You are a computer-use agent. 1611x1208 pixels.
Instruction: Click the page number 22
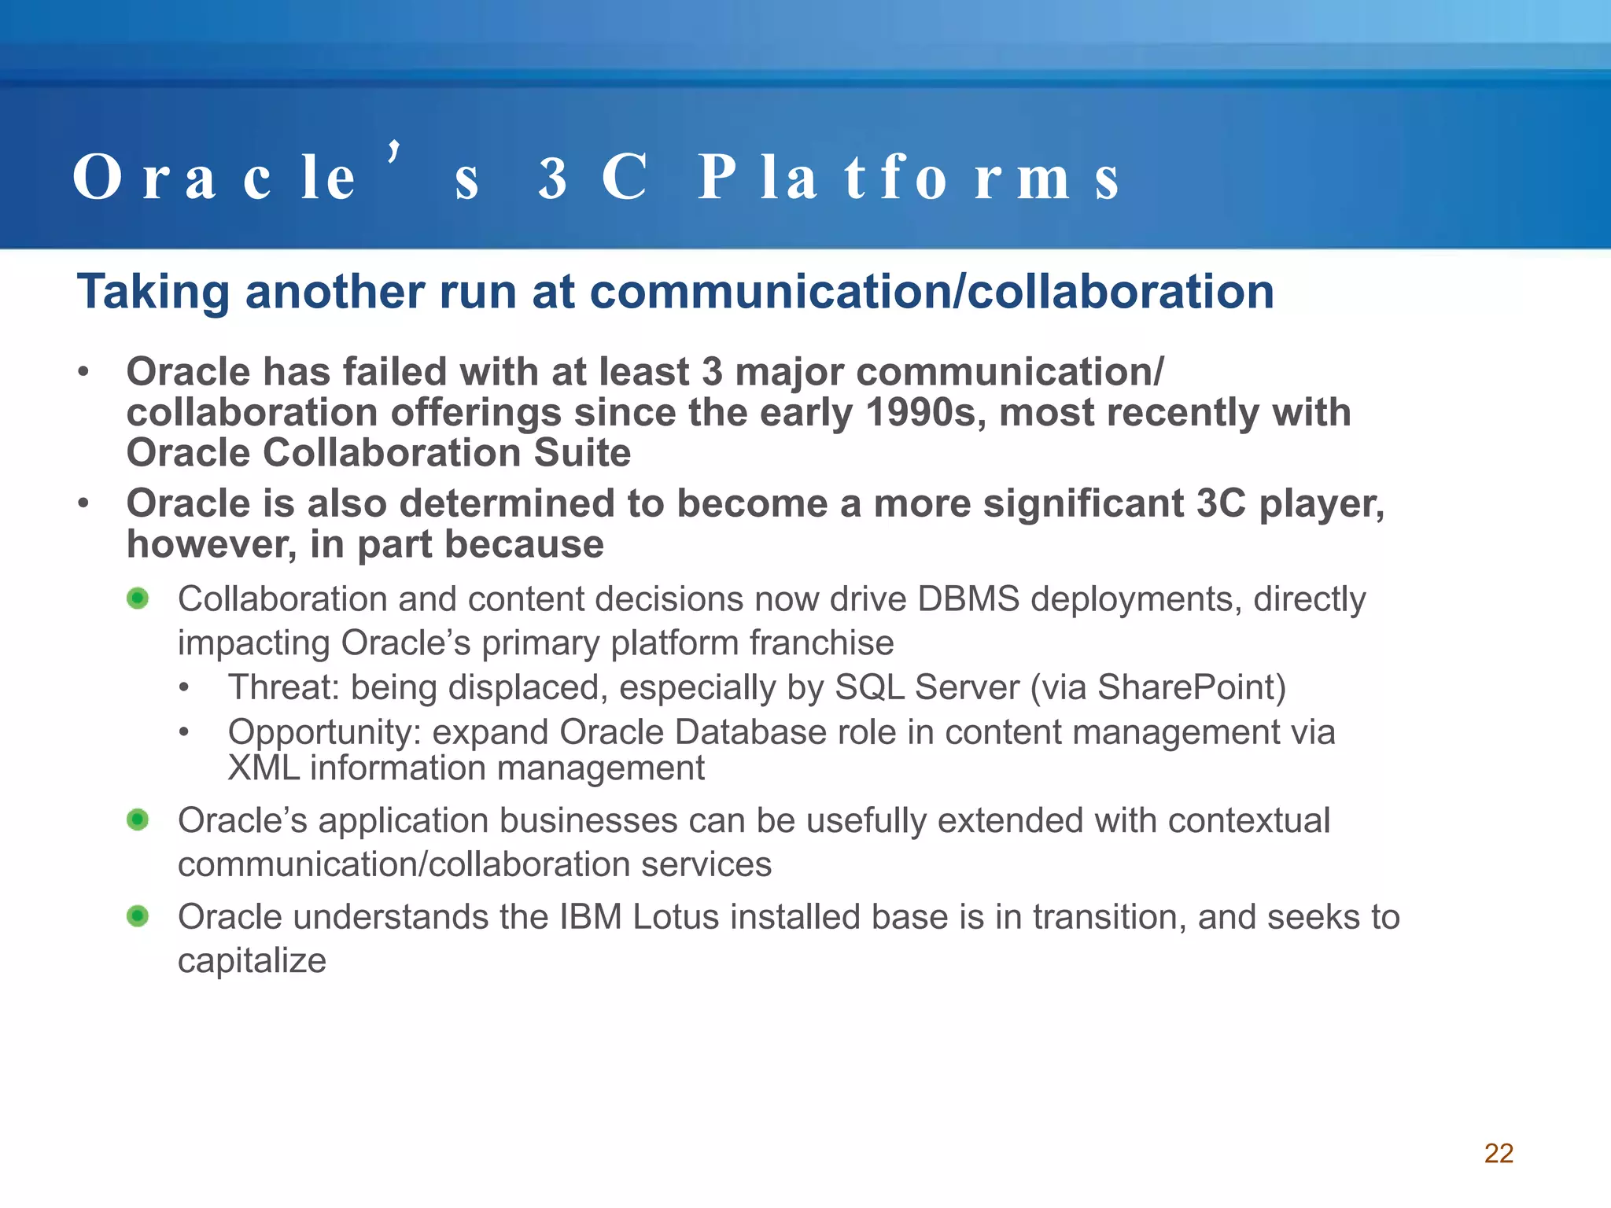(x=1499, y=1153)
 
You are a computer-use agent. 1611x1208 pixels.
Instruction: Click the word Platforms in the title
(x=909, y=178)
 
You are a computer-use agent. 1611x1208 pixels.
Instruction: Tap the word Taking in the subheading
(x=154, y=293)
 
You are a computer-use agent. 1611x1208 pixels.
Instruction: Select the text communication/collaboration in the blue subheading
(x=931, y=293)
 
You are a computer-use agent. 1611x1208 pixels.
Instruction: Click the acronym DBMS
(x=968, y=599)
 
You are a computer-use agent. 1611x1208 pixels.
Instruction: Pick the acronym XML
(x=264, y=768)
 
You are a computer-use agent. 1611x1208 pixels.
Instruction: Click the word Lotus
(x=675, y=917)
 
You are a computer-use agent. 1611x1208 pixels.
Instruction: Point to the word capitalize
(x=252, y=960)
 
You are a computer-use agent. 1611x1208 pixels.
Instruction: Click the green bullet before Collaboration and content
(x=138, y=598)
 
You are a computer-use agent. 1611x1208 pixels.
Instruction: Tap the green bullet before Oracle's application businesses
(x=138, y=820)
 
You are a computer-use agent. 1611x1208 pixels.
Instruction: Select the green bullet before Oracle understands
(x=138, y=916)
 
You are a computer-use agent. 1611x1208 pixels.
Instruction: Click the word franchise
(x=821, y=643)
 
